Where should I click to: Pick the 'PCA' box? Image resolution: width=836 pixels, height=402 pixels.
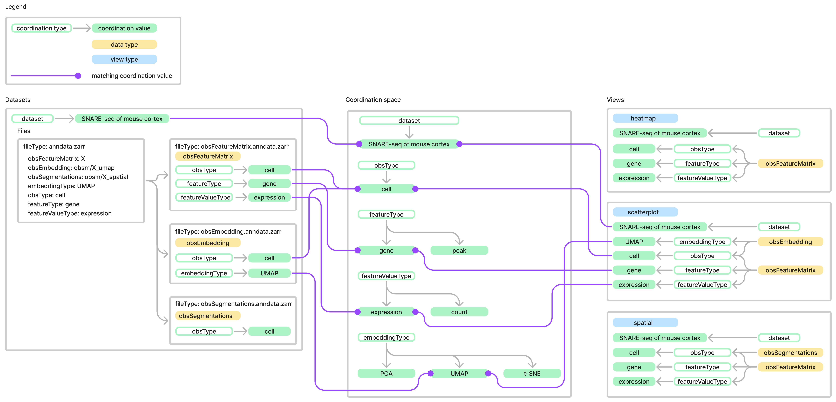(386, 373)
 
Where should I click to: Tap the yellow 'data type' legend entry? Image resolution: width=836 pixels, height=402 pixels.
(124, 44)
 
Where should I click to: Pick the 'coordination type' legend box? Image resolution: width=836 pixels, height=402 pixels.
(42, 28)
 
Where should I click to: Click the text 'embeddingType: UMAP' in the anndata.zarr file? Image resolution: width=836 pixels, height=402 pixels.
(61, 186)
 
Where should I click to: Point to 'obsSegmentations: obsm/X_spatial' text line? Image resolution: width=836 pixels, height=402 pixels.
(78, 177)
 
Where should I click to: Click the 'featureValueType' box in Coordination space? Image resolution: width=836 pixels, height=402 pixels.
(386, 276)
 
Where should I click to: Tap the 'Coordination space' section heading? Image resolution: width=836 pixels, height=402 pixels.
(373, 100)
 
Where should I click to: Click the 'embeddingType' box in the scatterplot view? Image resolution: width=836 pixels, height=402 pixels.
(702, 242)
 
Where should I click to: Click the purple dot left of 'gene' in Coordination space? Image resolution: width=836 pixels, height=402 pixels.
(358, 250)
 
